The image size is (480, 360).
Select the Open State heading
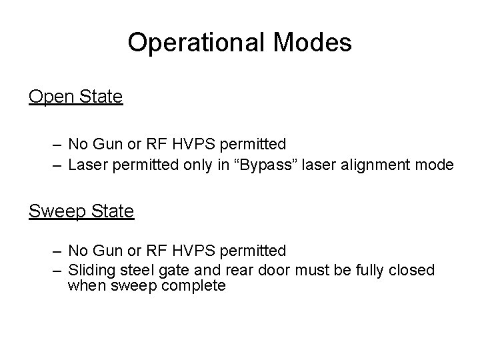point(76,97)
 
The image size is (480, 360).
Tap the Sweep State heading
point(81,212)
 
